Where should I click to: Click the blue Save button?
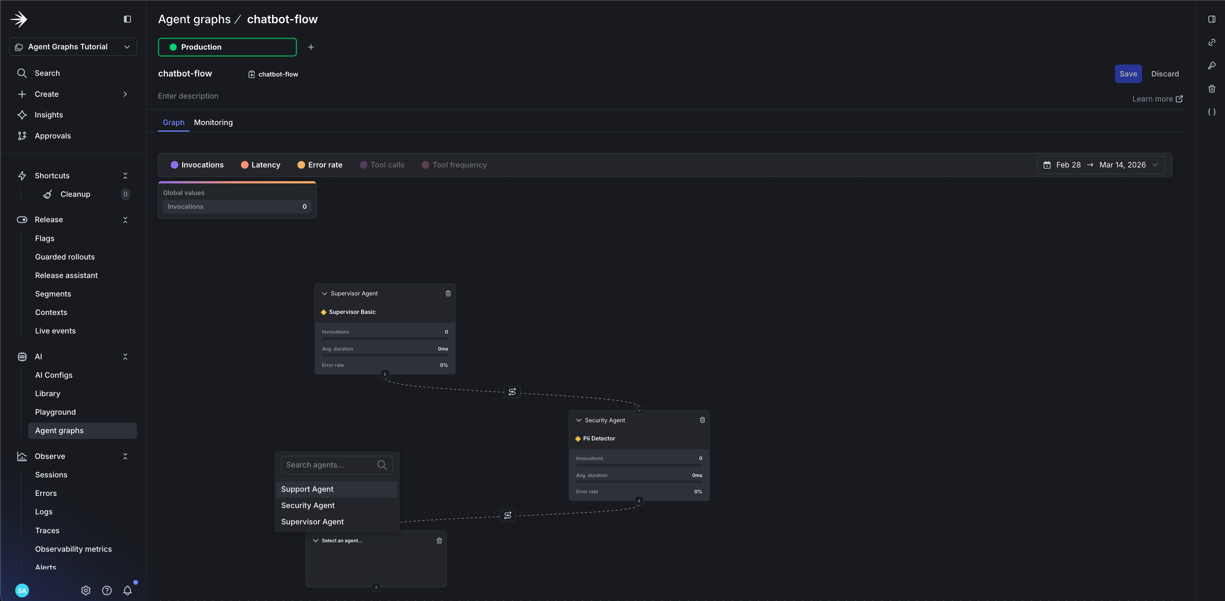1128,74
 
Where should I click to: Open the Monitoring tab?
213,122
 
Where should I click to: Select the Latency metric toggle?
260,165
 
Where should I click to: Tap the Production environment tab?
227,47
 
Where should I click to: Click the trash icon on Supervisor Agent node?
448,293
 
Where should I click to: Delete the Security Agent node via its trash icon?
702,420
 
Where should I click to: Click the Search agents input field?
337,465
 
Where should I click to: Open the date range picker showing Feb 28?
1100,165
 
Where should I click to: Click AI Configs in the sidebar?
54,375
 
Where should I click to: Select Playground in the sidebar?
55,412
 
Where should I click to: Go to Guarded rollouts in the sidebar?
65,257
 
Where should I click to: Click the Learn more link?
1157,99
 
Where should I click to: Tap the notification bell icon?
127,590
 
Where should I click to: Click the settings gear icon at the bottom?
85,590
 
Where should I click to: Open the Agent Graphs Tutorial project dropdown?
73,47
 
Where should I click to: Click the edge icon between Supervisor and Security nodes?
512,391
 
